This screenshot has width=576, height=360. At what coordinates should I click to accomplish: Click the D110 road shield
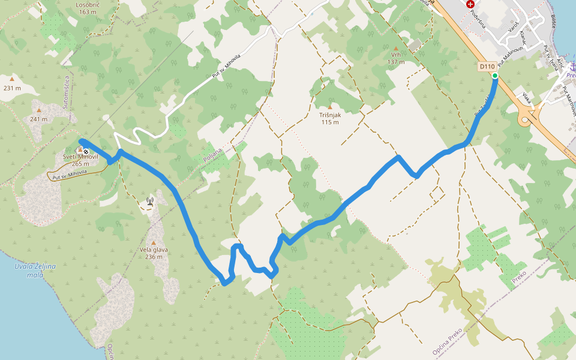coord(487,66)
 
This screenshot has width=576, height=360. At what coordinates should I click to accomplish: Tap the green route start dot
coord(495,76)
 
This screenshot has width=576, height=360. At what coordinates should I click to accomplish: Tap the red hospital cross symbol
coord(470,4)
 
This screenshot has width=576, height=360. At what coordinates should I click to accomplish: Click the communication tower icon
coord(149,202)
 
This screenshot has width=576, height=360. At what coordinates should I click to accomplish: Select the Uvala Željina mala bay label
coord(35,270)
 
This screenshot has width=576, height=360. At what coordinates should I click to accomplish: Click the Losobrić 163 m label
coord(87,8)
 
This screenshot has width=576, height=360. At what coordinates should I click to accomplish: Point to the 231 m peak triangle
coord(12,78)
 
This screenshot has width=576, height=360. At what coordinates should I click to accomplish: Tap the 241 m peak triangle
coord(39,110)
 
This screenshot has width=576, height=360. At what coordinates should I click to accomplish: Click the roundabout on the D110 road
coord(527,118)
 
